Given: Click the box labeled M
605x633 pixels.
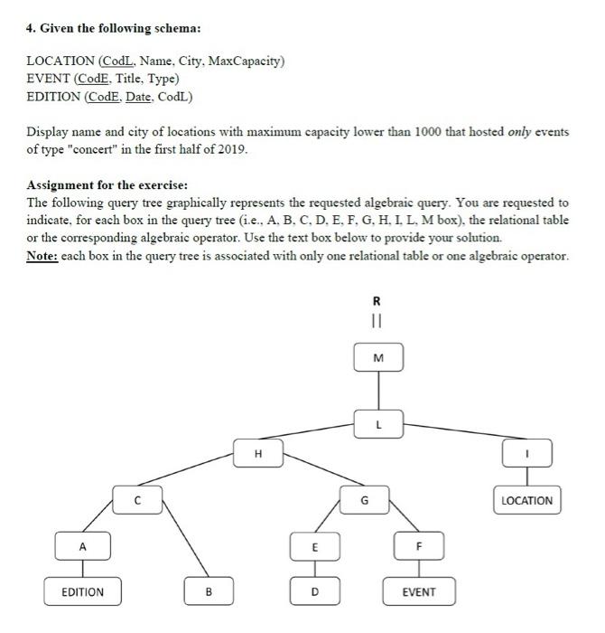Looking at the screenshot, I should (378, 359).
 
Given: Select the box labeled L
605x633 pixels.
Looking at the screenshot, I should (379, 423).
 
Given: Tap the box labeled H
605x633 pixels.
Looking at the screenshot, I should (258, 453).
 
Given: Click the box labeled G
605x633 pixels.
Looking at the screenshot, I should (365, 499).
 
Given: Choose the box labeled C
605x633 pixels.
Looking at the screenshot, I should (138, 499).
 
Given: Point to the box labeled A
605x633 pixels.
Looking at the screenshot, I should (82, 546).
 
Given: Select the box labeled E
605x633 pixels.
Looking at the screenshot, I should (314, 546).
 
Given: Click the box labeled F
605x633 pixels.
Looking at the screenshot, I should (419, 546).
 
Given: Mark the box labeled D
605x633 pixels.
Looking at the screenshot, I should (314, 592).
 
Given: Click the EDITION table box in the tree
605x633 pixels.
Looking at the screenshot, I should (82, 592).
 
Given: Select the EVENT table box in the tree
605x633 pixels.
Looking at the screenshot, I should (419, 592).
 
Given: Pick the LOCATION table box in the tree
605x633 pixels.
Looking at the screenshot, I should (526, 499).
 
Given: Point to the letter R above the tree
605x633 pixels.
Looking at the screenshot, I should (377, 301).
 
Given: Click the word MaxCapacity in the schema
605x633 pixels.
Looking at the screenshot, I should (247, 61).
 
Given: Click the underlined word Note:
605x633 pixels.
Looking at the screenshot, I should (46, 256).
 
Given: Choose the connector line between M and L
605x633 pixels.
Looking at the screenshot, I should (378, 391).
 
